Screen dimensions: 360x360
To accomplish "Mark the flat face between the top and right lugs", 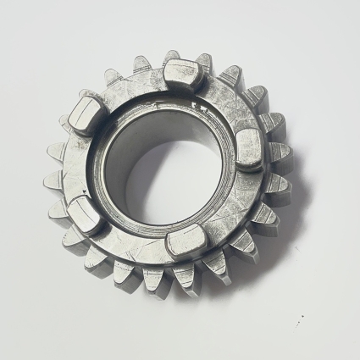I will (x=229, y=102).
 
